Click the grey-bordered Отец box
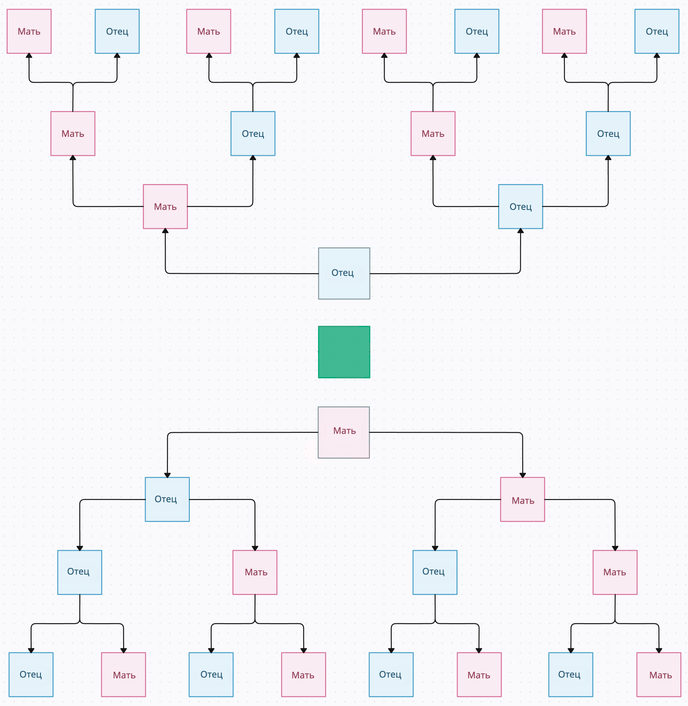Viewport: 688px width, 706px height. pyautogui.click(x=344, y=273)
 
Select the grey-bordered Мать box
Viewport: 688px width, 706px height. pyautogui.click(x=344, y=432)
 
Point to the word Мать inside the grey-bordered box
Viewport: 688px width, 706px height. pyautogui.click(x=344, y=431)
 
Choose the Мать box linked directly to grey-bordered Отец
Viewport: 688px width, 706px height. pyautogui.click(x=165, y=206)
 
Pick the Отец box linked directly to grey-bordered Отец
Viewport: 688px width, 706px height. pyautogui.click(x=520, y=206)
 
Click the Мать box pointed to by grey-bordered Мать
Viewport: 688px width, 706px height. pyautogui.click(x=522, y=499)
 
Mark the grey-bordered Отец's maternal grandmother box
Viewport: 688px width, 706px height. pyautogui.click(x=73, y=133)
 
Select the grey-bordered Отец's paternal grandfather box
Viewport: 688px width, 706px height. pyautogui.click(x=608, y=133)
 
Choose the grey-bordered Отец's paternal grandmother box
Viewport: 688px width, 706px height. pyautogui.click(x=433, y=133)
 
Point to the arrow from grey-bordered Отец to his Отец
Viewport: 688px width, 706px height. pyautogui.click(x=466, y=273)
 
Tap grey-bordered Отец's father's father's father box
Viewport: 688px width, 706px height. pyautogui.click(x=657, y=31)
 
